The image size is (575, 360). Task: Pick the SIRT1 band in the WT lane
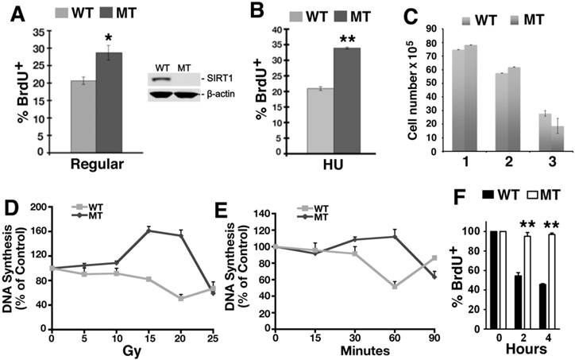162,80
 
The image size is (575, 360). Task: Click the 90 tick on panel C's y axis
425,29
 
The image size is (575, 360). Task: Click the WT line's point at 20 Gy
180,298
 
